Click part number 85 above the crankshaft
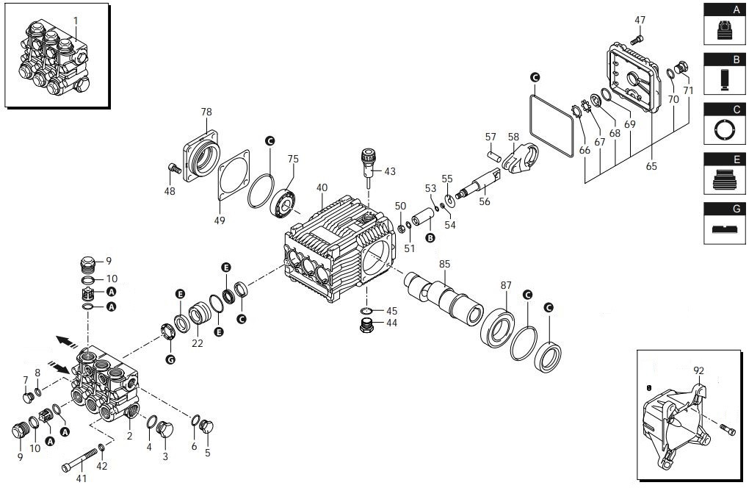(445, 263)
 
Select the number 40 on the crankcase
(322, 187)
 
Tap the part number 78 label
(206, 112)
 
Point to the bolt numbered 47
(637, 37)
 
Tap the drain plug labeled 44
(366, 327)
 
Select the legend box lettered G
(726, 221)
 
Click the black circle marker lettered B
(430, 237)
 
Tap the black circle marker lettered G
(171, 359)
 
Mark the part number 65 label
(651, 166)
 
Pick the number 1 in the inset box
(76, 20)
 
